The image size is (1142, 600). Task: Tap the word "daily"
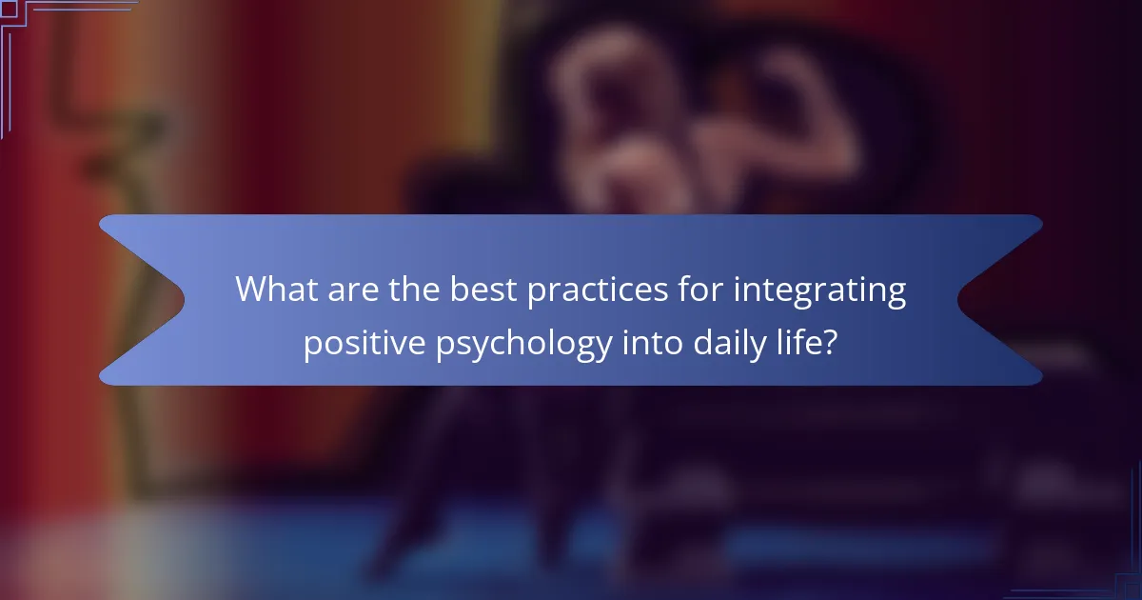click(723, 342)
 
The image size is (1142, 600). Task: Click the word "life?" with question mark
click(807, 342)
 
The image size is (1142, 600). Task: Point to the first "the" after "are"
click(409, 290)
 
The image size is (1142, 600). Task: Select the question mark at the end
click(831, 342)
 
